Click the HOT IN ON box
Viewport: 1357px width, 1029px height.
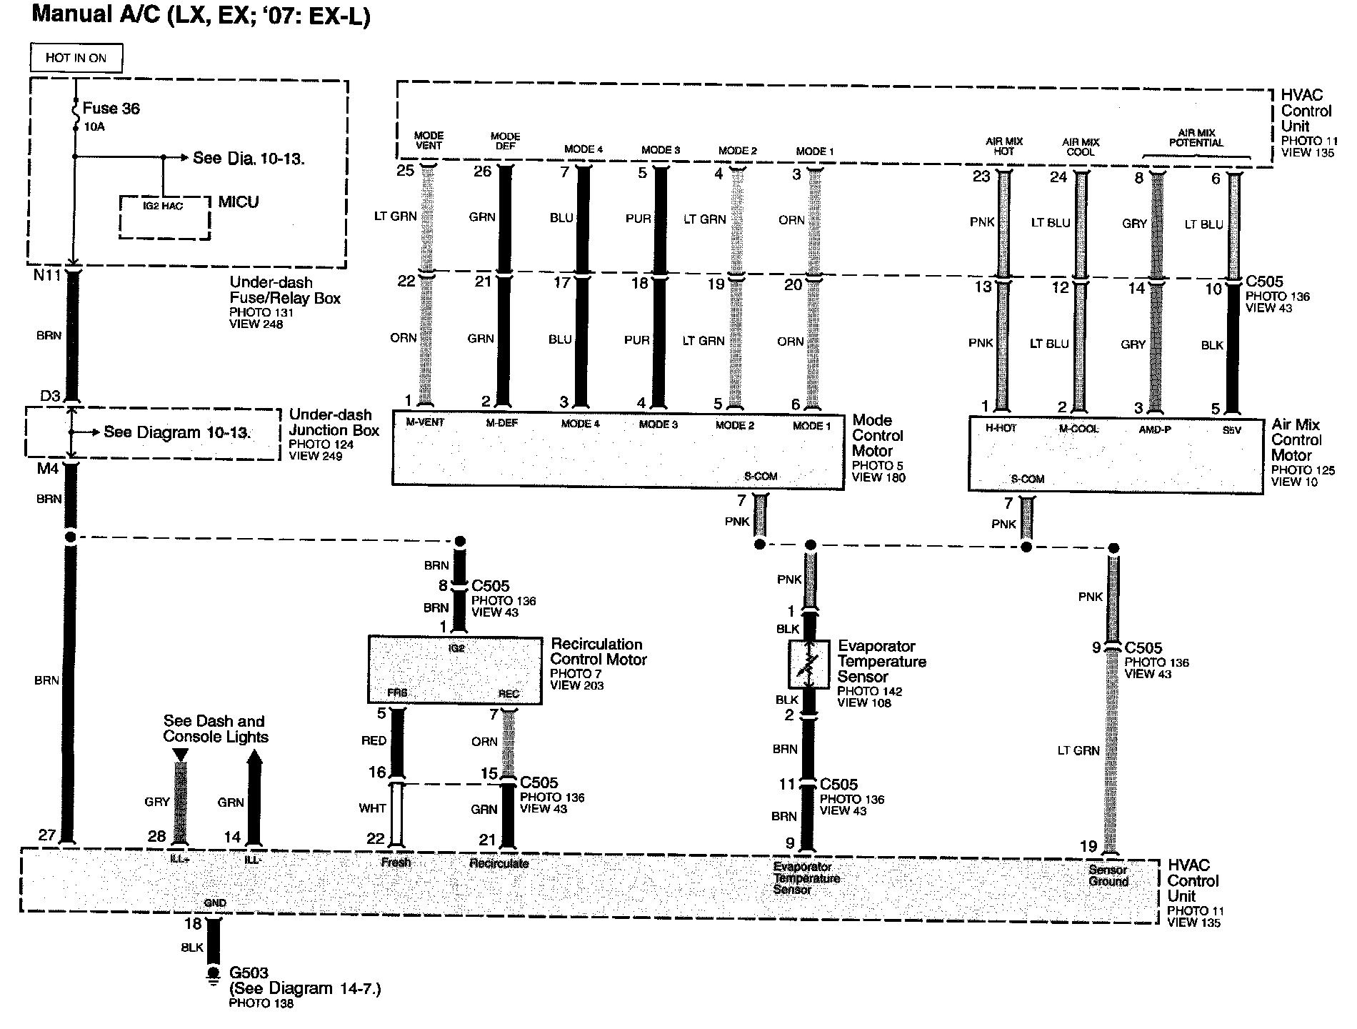click(76, 58)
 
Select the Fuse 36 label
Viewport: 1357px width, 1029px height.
click(111, 109)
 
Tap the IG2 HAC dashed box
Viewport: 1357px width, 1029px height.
click(164, 217)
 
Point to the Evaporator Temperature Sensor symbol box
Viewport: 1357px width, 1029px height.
click(808, 665)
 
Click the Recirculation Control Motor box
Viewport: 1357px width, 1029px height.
click(455, 670)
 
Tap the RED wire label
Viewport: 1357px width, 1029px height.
click(374, 741)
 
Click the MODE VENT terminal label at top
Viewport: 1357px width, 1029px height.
click(429, 140)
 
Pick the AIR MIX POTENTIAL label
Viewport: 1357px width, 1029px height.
click(1196, 137)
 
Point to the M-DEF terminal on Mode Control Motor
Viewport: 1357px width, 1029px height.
click(501, 423)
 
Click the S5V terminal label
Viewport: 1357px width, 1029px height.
click(1231, 430)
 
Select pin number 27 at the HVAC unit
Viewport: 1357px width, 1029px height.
click(47, 835)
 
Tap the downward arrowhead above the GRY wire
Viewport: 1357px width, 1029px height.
click(181, 755)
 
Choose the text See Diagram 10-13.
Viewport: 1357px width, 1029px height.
click(177, 432)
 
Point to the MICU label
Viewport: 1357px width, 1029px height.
click(239, 202)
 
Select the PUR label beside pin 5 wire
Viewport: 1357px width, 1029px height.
click(638, 219)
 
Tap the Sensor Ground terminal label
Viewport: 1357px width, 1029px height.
click(1108, 875)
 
